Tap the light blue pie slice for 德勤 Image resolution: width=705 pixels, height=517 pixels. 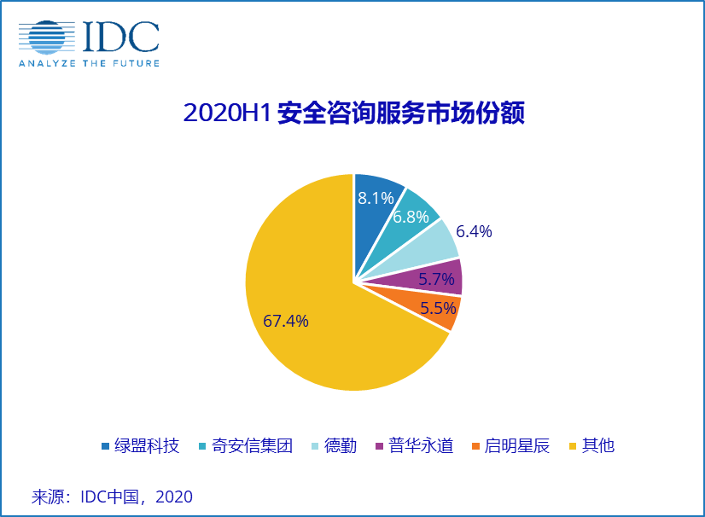coord(435,247)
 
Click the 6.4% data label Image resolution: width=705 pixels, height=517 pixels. coord(475,232)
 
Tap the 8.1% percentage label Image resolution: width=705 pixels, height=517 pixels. coord(376,198)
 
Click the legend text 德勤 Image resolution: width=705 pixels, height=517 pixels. coord(341,445)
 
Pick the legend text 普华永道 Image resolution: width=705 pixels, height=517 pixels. coord(421,445)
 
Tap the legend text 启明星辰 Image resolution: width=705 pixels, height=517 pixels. coord(517,445)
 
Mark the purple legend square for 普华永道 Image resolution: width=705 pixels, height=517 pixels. coord(379,446)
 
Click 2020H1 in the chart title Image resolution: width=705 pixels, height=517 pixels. coord(227,113)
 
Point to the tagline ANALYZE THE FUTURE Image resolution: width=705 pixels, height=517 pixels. coord(89,63)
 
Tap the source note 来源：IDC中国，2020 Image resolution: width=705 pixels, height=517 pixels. coord(112,497)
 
